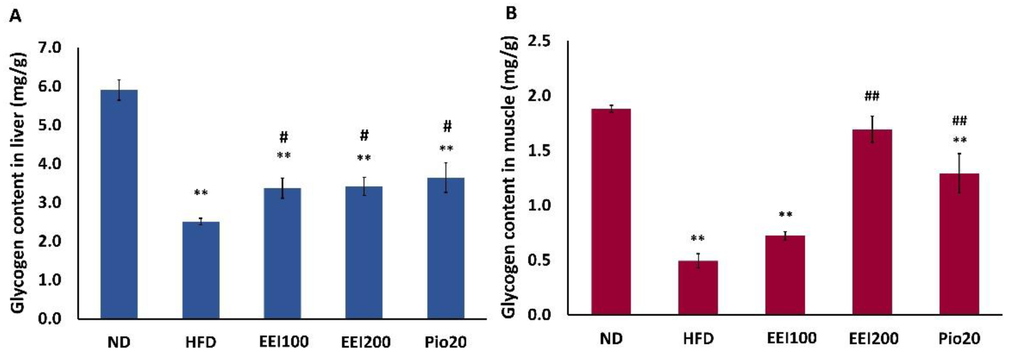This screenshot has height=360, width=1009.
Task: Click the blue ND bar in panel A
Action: click(x=119, y=204)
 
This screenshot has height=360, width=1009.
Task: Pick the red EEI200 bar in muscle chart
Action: click(x=872, y=221)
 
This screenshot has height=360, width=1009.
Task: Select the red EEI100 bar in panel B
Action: click(x=785, y=275)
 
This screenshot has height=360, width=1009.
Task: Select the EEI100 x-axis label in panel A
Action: click(x=284, y=342)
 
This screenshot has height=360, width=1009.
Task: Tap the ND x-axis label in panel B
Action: click(x=611, y=339)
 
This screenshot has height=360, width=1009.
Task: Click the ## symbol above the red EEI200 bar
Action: click(x=872, y=96)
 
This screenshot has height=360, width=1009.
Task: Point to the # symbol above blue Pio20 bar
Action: click(x=447, y=126)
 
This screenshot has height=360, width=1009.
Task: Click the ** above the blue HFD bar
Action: click(x=201, y=193)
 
